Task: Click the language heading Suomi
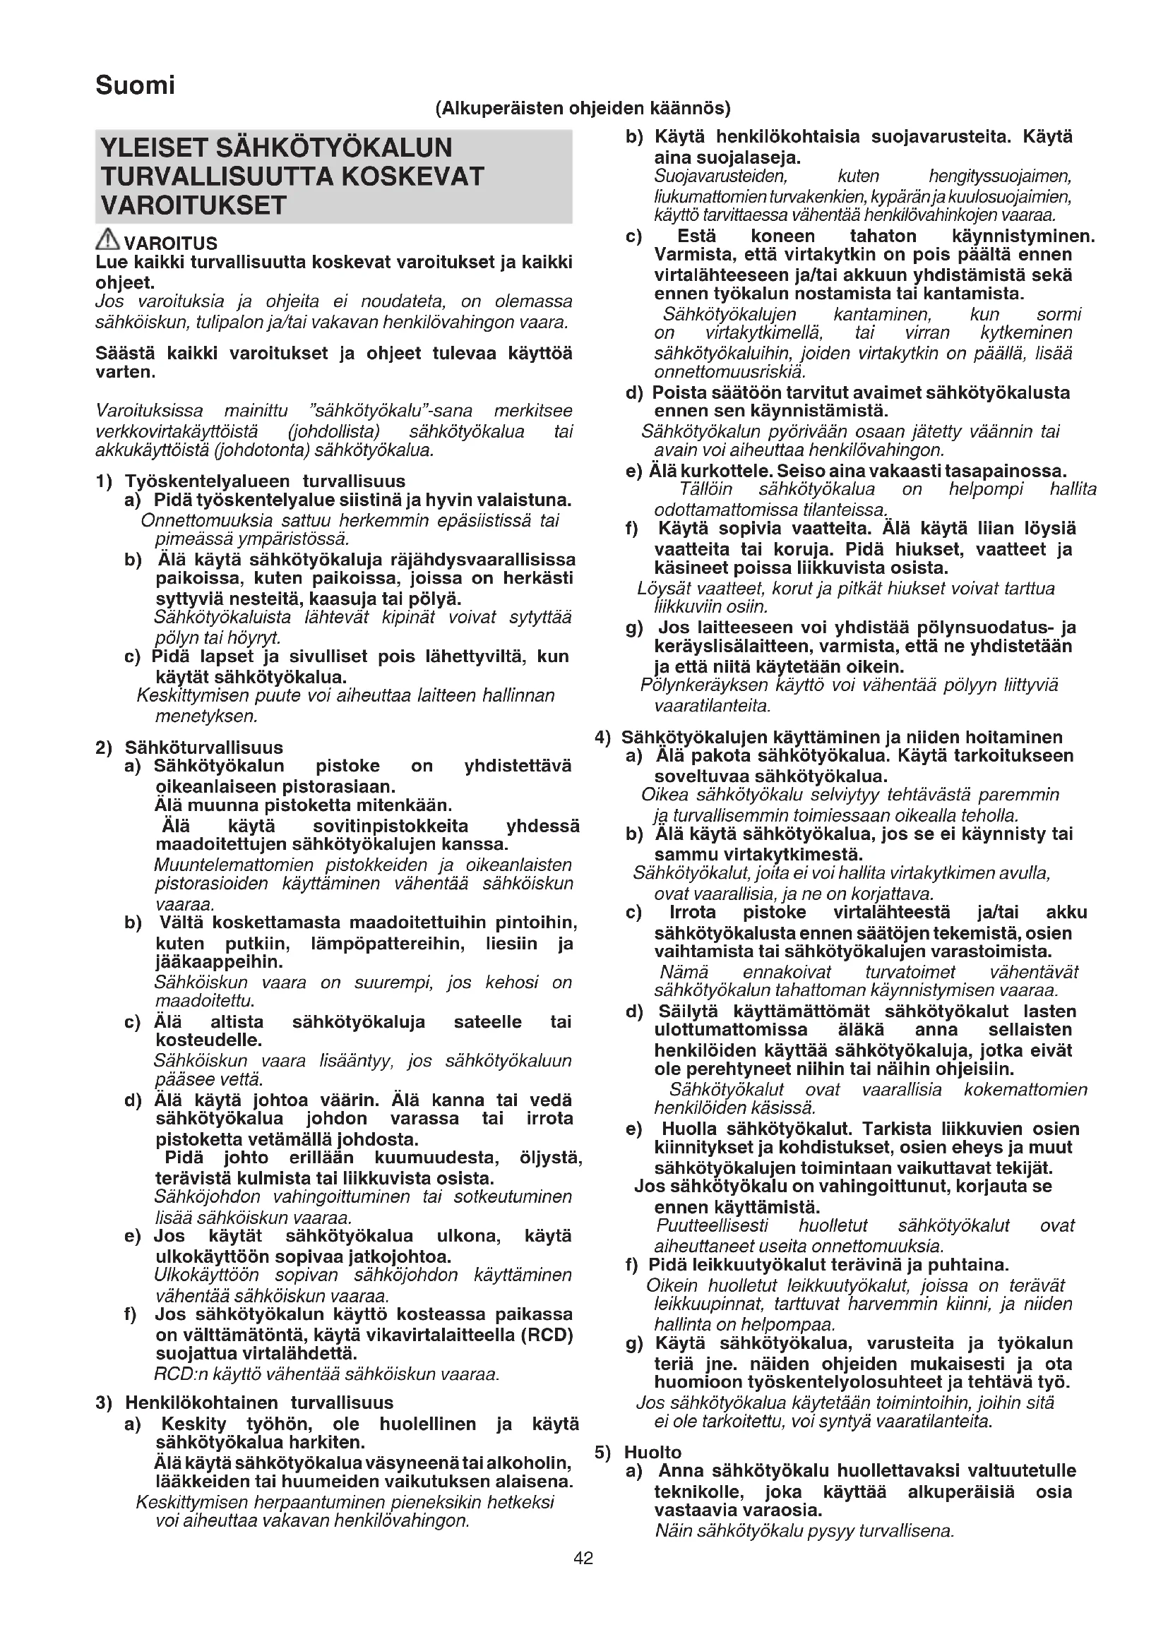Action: [x=135, y=85]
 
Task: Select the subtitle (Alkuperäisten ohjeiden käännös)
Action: [x=583, y=109]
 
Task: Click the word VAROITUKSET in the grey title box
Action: [x=194, y=205]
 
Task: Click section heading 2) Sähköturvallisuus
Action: [x=190, y=747]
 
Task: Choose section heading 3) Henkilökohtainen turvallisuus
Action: [x=244, y=1403]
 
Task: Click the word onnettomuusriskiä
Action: [x=729, y=372]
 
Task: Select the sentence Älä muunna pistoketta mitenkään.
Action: [x=304, y=805]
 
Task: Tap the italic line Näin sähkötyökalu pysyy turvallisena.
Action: [x=804, y=1531]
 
